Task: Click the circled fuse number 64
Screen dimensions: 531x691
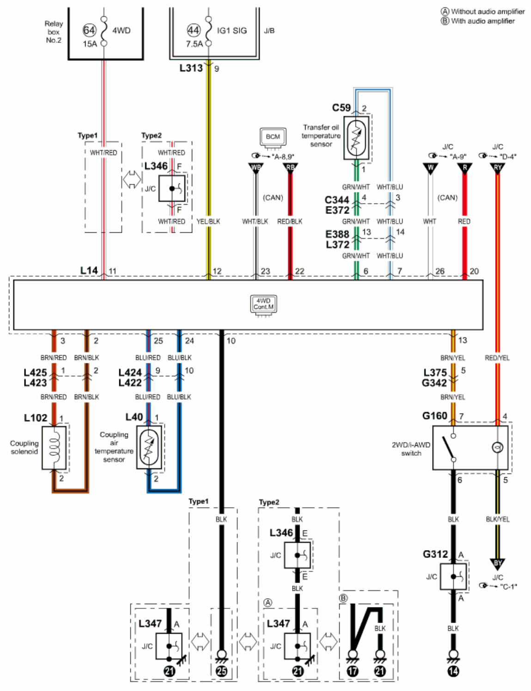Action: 89,30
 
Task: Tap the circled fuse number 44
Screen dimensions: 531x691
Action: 194,30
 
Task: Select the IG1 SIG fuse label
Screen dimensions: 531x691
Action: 232,30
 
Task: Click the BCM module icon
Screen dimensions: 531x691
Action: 273,138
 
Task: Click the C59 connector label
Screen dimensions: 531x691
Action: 341,108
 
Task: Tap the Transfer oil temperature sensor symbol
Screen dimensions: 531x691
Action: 356,138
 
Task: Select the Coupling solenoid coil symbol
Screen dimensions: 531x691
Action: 54,448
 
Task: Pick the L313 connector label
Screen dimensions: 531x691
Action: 191,68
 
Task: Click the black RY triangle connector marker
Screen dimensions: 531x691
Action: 498,168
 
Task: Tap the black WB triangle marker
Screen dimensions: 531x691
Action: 256,168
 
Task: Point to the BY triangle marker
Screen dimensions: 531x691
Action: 498,564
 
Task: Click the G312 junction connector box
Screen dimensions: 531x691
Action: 453,576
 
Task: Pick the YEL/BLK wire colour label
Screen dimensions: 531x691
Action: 208,221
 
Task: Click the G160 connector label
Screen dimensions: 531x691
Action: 434,416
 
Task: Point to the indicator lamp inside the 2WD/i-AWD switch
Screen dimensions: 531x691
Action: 497,448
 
